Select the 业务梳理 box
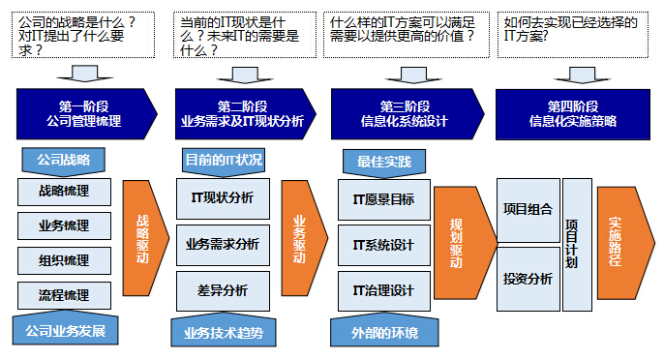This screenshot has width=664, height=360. point(65,225)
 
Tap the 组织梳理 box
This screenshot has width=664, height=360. point(65,260)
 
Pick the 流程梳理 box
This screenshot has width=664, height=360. point(65,295)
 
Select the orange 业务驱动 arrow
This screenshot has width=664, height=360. point(300,239)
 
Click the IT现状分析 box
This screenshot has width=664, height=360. point(223,197)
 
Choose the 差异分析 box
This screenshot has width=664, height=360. point(223,289)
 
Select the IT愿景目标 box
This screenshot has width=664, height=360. point(383,200)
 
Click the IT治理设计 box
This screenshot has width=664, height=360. point(383,289)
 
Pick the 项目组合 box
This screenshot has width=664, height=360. point(528,208)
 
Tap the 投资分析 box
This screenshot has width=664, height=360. point(528,279)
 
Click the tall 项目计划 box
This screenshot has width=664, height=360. point(577,244)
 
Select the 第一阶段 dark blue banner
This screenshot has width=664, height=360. point(83,114)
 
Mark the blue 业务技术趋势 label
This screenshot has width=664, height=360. point(223,332)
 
